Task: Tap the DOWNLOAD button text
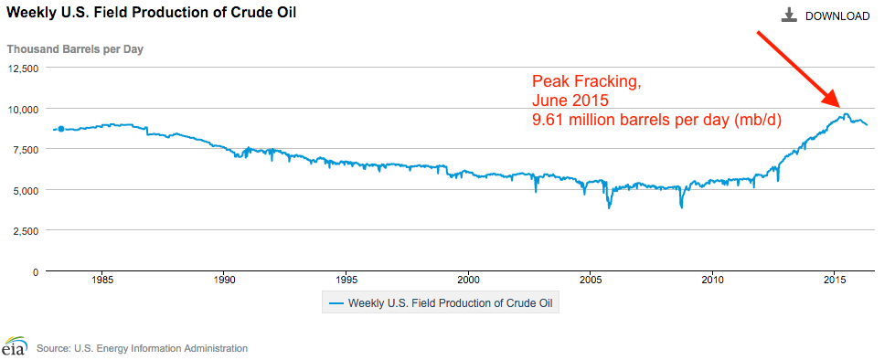836,16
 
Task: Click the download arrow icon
789,16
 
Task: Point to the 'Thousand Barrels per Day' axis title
75,48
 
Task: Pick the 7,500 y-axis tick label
24,149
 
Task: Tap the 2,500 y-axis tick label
24,230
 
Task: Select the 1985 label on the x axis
102,280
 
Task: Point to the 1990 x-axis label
225,280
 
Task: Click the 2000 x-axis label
469,280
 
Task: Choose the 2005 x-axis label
591,280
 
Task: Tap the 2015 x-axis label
835,280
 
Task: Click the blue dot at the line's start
60,129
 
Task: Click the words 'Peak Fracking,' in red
585,82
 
